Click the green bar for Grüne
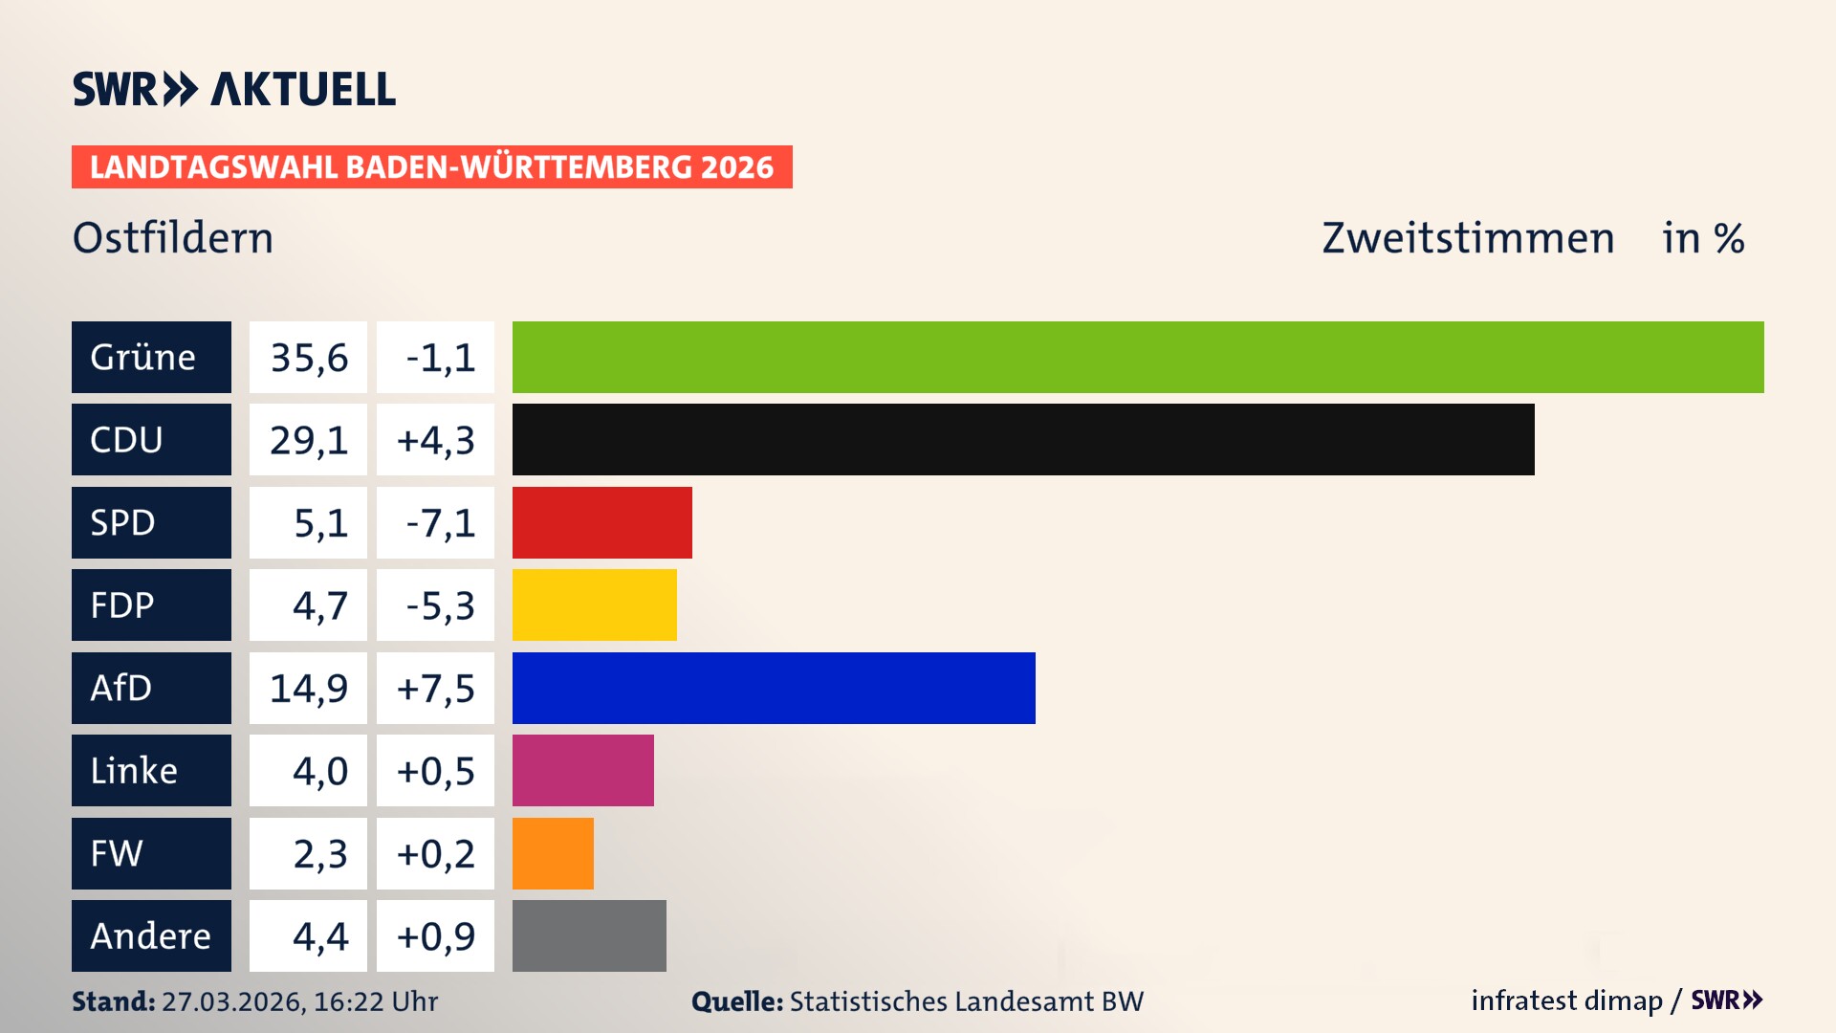[1138, 357]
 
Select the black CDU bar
[1023, 439]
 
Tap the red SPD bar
[601, 522]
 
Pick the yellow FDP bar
[594, 604]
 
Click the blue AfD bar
[774, 688]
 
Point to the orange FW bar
[553, 853]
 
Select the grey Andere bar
[589, 935]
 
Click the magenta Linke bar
[582, 770]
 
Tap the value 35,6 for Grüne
[309, 358]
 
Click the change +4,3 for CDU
[435, 440]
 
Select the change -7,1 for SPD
[440, 523]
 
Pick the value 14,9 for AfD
[309, 689]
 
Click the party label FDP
[122, 605]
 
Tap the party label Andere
[150, 935]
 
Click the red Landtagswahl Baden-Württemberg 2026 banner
[431, 166]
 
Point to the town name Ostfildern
[173, 238]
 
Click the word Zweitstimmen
[1468, 238]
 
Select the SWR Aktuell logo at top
[234, 89]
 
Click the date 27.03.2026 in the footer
[232, 1001]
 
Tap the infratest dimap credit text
[1566, 1000]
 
